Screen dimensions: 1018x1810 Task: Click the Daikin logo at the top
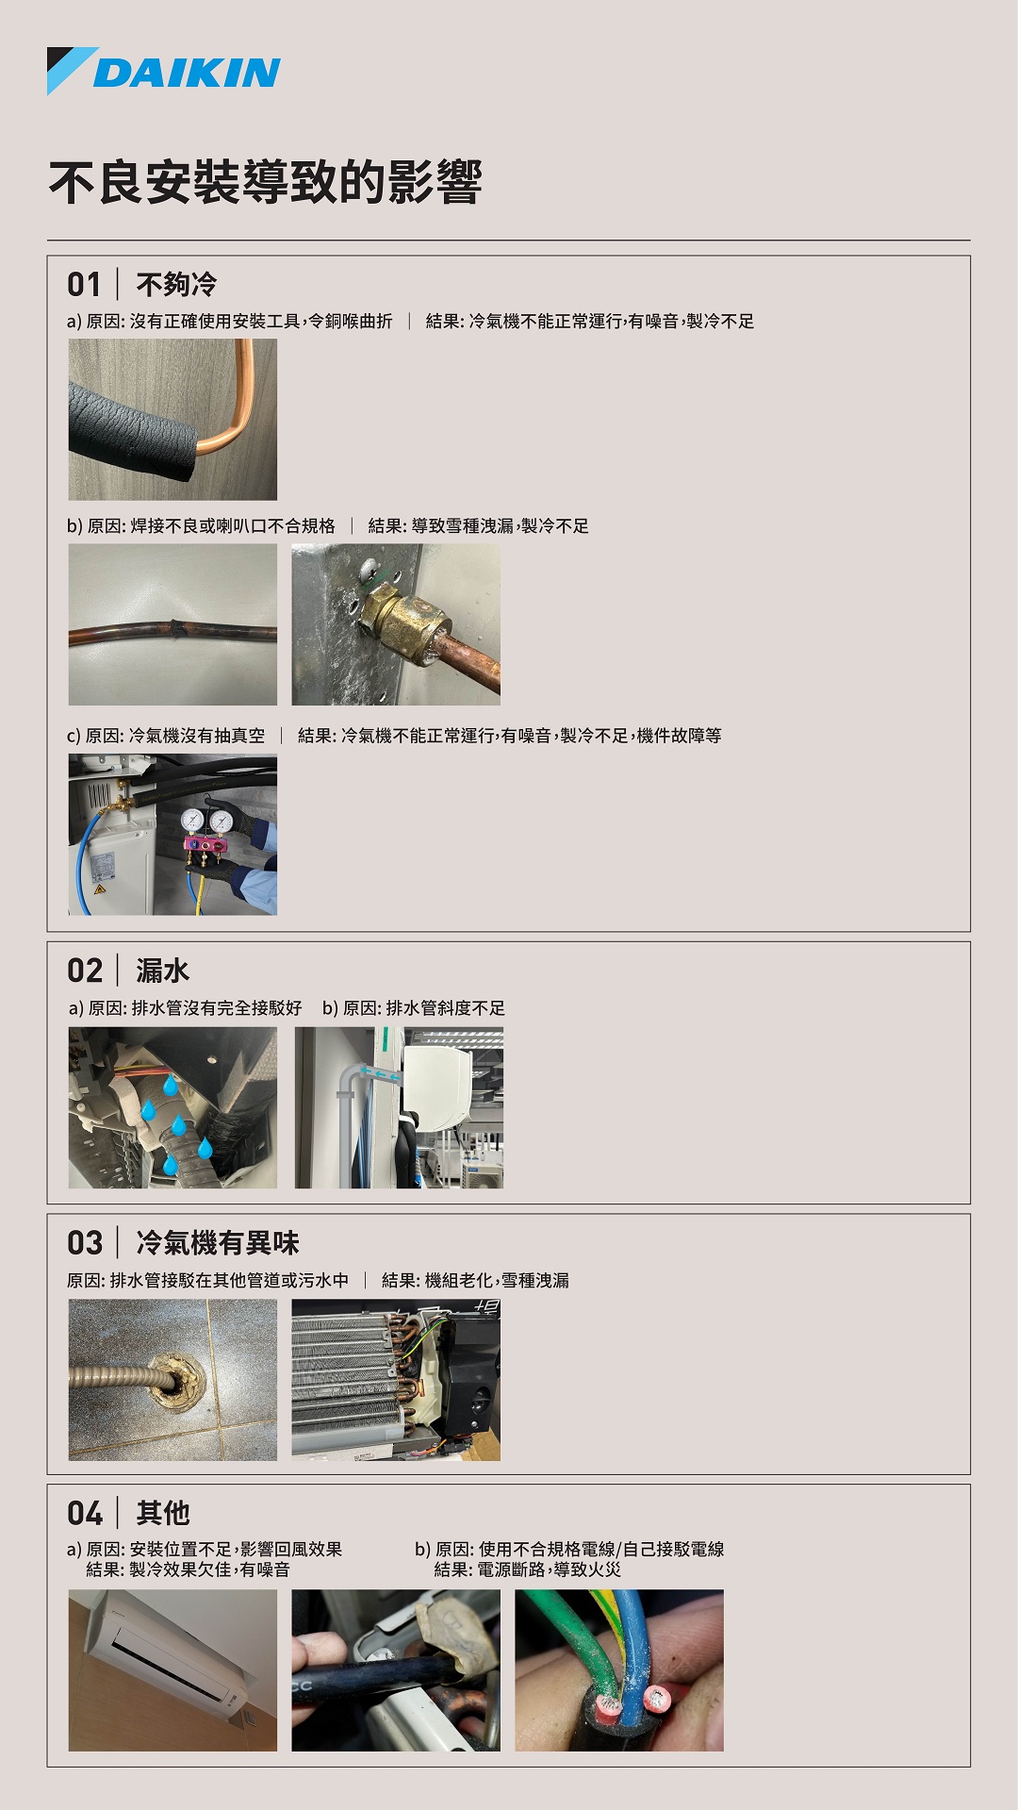(x=164, y=71)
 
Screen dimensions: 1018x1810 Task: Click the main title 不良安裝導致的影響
(x=266, y=182)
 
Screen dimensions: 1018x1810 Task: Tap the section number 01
(x=84, y=284)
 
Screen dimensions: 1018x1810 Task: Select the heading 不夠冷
(x=176, y=284)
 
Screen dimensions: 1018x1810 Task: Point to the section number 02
(x=85, y=971)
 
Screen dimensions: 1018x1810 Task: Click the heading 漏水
(x=162, y=971)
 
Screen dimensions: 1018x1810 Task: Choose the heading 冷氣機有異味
(x=218, y=1242)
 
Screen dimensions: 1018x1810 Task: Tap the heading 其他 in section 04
(x=163, y=1513)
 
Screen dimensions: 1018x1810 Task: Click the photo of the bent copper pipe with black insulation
(x=172, y=420)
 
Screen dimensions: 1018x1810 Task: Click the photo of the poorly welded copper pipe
(x=172, y=624)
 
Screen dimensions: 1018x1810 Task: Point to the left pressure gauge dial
(x=192, y=820)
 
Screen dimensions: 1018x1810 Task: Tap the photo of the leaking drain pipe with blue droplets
(x=172, y=1107)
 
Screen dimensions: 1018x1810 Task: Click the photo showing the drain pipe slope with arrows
(x=399, y=1107)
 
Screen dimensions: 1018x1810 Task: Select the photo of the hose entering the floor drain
(x=172, y=1380)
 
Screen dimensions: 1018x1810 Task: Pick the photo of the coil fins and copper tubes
(x=396, y=1380)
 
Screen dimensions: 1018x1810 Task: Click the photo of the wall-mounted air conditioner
(x=172, y=1670)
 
